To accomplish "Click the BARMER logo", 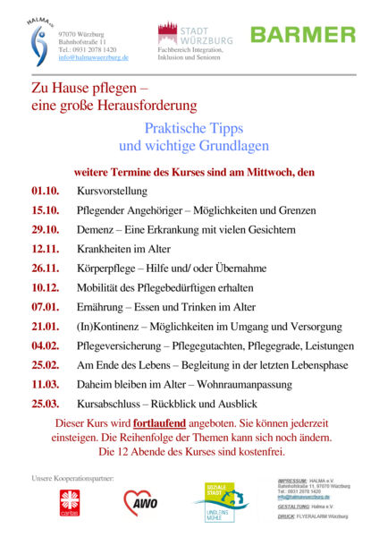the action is (302, 35).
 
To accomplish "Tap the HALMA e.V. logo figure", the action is (38, 44).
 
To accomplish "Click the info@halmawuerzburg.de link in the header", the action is (94, 57).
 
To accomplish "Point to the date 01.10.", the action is (45, 192).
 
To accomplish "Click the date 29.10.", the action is (45, 230).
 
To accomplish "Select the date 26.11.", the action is (45, 268).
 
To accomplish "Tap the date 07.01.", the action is (45, 307).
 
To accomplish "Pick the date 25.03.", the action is (45, 404).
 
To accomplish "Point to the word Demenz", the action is (97, 230).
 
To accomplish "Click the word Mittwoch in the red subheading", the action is (273, 172).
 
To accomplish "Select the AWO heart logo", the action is (140, 504).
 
